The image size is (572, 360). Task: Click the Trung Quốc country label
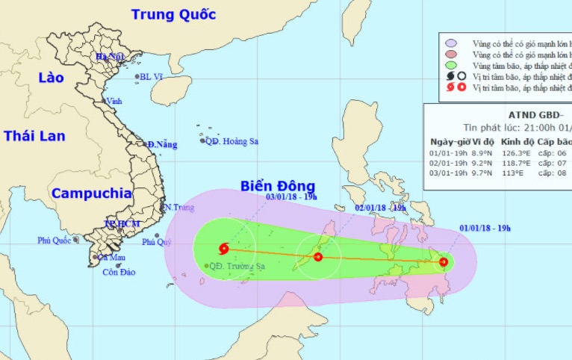[173, 13]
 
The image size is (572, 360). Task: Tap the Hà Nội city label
[109, 57]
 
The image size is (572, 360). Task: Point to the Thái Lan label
[34, 136]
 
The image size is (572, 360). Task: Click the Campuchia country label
[92, 193]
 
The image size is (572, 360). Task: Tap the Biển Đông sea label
[278, 186]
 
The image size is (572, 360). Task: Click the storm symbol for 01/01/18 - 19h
[444, 261]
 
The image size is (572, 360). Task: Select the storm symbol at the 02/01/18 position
[318, 257]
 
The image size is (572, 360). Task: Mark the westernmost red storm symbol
[223, 249]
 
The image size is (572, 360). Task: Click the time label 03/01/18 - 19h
[291, 196]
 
